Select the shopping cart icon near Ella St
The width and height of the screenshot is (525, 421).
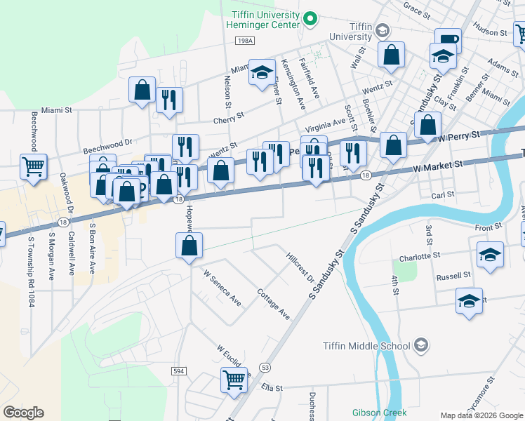tap(234, 380)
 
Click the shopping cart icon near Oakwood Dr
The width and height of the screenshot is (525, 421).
tap(33, 167)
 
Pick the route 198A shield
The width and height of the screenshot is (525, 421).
tap(245, 41)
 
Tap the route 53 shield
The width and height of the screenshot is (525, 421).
tap(265, 367)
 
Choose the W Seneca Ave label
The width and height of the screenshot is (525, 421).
tap(222, 288)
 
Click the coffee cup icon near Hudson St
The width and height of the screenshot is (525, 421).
tap(447, 40)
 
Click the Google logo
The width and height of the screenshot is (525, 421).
tap(23, 413)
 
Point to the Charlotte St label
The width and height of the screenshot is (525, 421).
tap(420, 257)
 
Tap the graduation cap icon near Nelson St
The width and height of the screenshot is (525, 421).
tap(262, 72)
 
